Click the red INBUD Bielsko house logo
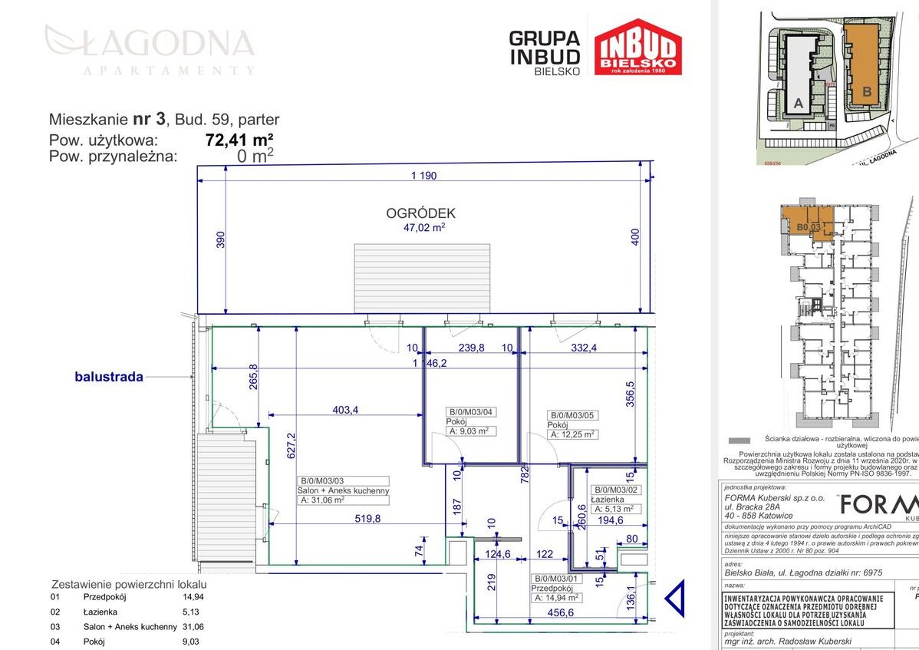[637, 48]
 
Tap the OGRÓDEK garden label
[421, 213]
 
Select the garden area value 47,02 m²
[425, 227]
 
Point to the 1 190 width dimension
[423, 176]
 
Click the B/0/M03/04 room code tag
[471, 412]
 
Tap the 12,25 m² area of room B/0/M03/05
[572, 434]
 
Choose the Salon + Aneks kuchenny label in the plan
[343, 491]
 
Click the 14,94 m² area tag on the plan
[556, 576]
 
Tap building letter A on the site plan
[799, 104]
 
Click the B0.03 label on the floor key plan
[809, 227]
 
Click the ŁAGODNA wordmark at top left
[150, 41]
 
